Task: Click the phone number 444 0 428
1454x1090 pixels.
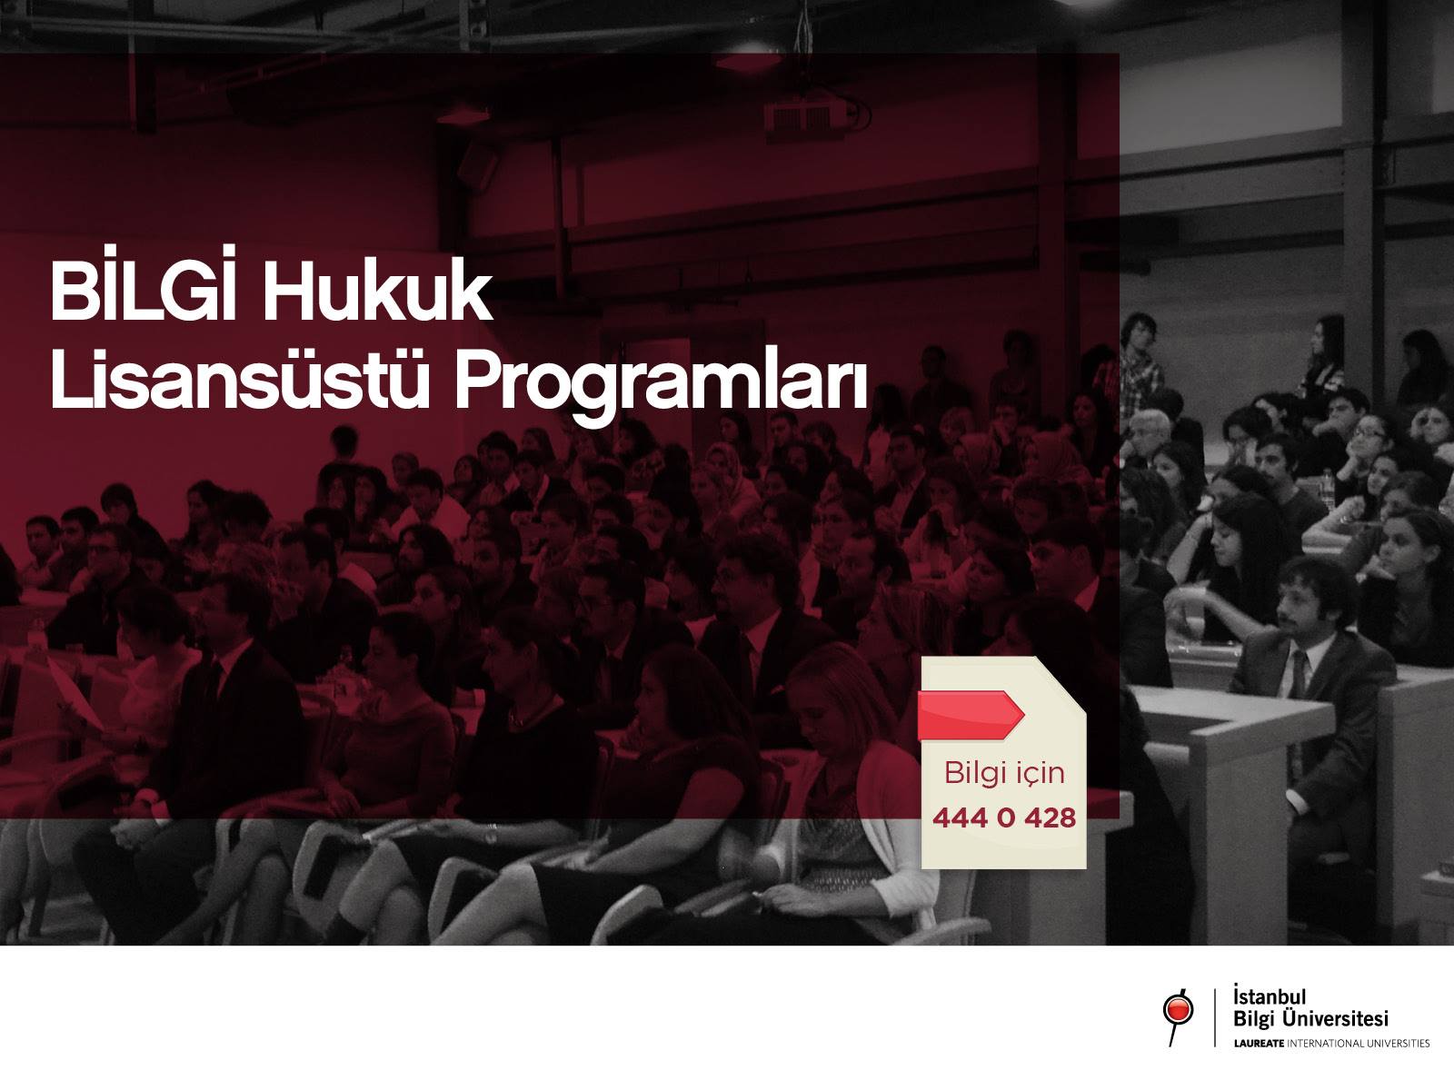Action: pyautogui.click(x=1003, y=818)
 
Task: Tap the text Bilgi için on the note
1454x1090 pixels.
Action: pyautogui.click(x=1004, y=772)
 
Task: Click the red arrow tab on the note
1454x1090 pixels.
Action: pyautogui.click(x=971, y=715)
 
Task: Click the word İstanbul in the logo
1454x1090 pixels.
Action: pyautogui.click(x=1269, y=996)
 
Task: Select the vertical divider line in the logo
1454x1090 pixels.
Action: pyautogui.click(x=1216, y=1017)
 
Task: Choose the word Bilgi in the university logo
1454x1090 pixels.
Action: pyautogui.click(x=1253, y=1019)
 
